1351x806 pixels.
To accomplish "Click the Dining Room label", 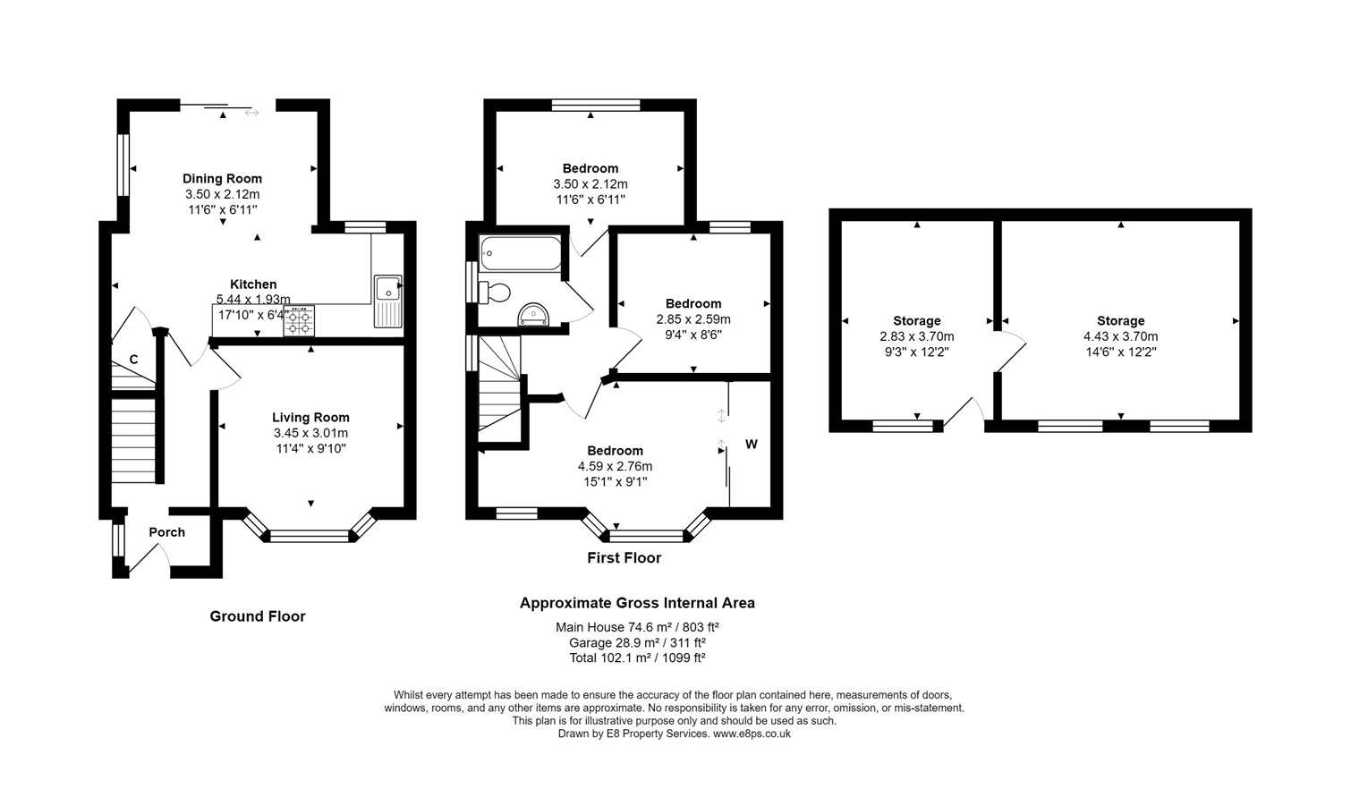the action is pos(222,178).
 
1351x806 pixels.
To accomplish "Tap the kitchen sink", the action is pos(387,301).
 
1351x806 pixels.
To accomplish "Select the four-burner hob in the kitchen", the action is pos(299,320).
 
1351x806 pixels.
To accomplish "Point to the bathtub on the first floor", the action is pos(521,253).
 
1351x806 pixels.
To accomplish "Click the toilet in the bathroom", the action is pos(495,293).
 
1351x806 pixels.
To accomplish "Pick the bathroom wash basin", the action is pos(534,314).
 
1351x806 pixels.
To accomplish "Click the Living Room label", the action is pos(310,417).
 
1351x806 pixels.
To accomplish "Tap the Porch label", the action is pos(167,532).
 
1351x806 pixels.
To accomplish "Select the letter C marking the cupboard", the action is pos(134,360).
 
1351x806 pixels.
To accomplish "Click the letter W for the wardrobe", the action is pos(751,445).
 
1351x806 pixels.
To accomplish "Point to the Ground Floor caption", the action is pos(258,616).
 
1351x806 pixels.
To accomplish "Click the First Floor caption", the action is pos(625,557).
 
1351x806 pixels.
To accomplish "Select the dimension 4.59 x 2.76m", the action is pos(616,466).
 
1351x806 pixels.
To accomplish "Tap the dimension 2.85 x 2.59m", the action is pos(693,318).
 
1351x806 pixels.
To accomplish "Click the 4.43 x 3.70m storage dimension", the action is pos(1120,336).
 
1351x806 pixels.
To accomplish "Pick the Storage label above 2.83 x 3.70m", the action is pos(917,321).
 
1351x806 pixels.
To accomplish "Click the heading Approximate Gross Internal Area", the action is pos(638,603).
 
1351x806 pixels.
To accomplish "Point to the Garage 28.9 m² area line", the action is pos(638,642).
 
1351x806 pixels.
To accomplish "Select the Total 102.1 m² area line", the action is pos(638,658).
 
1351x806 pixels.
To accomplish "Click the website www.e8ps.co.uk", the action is pos(752,734).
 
